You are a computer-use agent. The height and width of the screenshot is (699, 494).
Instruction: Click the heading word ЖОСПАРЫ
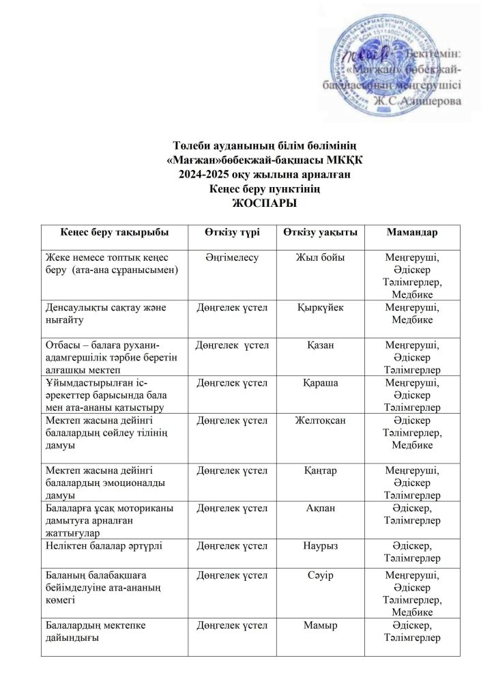tap(246, 203)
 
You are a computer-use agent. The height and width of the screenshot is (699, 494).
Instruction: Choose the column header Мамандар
tap(412, 232)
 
